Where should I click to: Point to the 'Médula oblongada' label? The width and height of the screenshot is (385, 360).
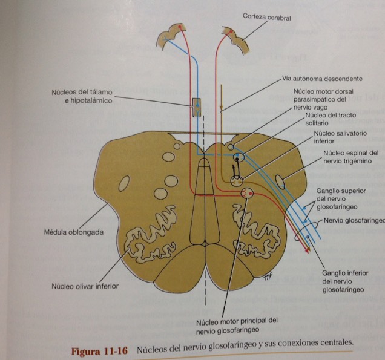click(67, 232)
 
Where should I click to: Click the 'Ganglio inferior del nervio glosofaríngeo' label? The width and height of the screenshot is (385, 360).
click(343, 282)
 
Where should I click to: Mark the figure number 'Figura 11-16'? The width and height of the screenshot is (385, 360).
click(99, 351)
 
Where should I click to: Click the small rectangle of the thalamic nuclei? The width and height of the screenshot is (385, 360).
click(196, 107)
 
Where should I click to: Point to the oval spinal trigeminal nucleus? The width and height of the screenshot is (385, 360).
click(283, 180)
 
